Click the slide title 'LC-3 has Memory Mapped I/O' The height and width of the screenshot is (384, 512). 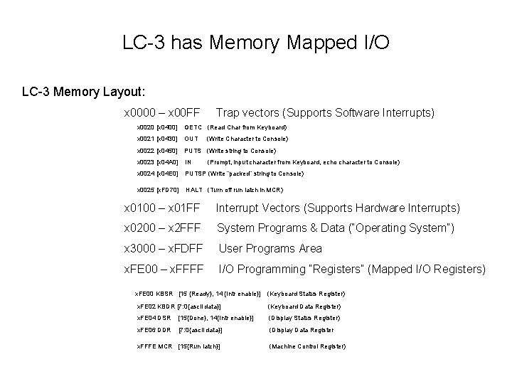(256, 43)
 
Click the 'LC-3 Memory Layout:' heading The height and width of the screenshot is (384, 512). (84, 92)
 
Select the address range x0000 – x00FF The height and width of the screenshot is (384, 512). (161, 113)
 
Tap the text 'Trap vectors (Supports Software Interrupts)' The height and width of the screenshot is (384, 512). (325, 113)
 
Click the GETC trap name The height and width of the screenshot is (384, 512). (193, 127)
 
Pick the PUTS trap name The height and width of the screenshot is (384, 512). (193, 151)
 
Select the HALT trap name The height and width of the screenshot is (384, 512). (194, 189)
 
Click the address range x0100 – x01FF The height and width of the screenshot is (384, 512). (163, 208)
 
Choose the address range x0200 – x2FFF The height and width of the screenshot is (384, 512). (163, 228)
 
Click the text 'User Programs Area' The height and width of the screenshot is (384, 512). (270, 249)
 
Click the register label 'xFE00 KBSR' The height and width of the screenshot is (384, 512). (154, 294)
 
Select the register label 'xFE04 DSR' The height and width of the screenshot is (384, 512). (154, 318)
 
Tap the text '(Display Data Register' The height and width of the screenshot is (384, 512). (301, 330)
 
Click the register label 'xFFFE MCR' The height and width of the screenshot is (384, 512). (154, 346)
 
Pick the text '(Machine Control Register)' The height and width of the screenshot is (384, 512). (307, 346)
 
